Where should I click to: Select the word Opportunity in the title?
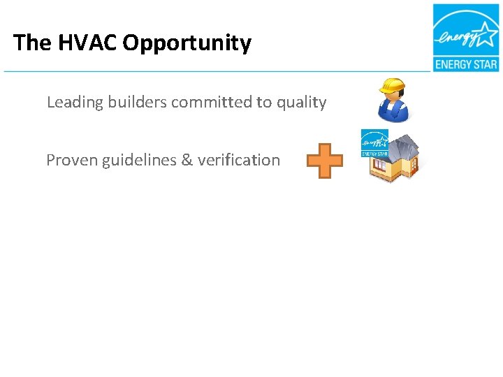coord(187,43)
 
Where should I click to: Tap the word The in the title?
coord(31,43)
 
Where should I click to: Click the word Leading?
coord(73,103)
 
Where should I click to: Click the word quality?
coord(300,103)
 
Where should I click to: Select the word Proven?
coord(72,161)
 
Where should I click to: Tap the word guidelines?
coord(140,161)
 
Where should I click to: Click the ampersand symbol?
coord(187,161)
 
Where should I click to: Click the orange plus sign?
coord(325,161)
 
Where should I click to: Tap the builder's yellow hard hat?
coord(392,86)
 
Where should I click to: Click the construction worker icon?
coord(391,100)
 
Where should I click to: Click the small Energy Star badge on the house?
coord(374,142)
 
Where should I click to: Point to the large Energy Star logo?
coord(465,38)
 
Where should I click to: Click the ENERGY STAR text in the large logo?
coord(465,65)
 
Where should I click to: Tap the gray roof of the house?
coord(406,147)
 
